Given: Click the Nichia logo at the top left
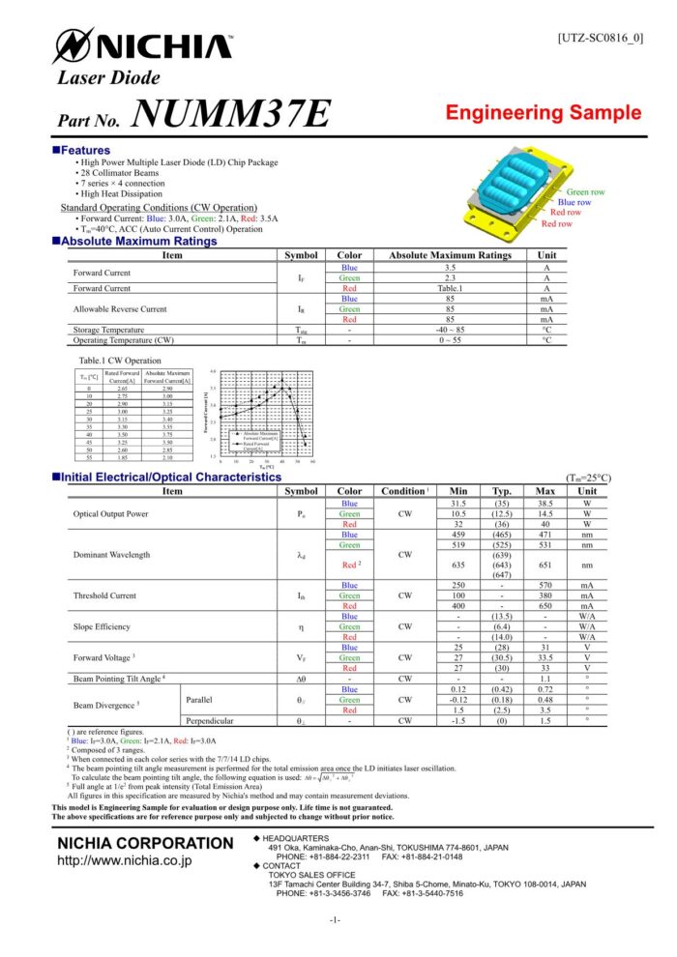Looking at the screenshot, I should (x=143, y=45).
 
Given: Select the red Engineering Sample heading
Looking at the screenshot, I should (x=543, y=113).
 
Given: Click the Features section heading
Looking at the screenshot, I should (x=85, y=150).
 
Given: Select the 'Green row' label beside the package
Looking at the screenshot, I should (x=585, y=192).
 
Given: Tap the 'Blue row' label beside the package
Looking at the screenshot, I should (x=574, y=202).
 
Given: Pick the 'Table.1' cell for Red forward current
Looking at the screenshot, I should (x=450, y=287).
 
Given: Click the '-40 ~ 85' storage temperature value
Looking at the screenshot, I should (x=450, y=330).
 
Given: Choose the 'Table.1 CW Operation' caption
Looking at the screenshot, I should (x=120, y=360).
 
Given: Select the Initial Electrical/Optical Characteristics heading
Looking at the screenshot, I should (x=170, y=478).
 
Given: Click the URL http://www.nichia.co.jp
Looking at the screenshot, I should (x=124, y=859).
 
